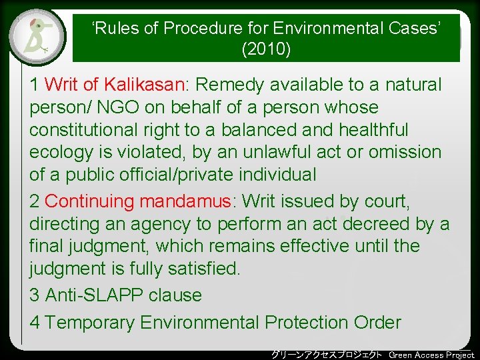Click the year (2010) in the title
[266, 49]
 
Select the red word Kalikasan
[145, 85]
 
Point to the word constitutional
[83, 129]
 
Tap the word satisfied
[203, 269]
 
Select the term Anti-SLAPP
[94, 295]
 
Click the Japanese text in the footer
[327, 355]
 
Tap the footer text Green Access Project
[431, 355]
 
